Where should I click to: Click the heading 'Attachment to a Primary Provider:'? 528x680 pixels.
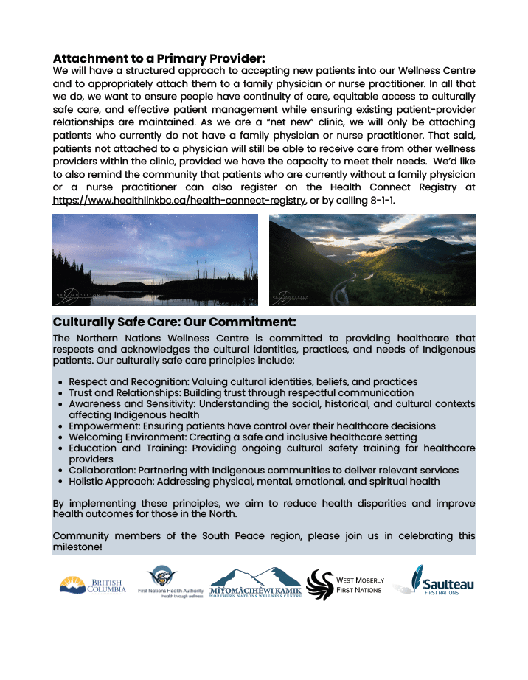coord(159,58)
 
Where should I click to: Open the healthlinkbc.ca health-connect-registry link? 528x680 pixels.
coord(179,201)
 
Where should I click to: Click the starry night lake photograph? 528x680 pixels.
coord(155,260)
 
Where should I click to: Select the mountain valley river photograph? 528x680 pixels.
coord(372,260)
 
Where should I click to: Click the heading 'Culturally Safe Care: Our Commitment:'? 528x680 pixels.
coord(174,322)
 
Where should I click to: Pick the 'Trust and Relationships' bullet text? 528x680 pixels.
coord(118,393)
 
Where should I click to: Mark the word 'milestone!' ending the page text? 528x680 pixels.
coord(77,547)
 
